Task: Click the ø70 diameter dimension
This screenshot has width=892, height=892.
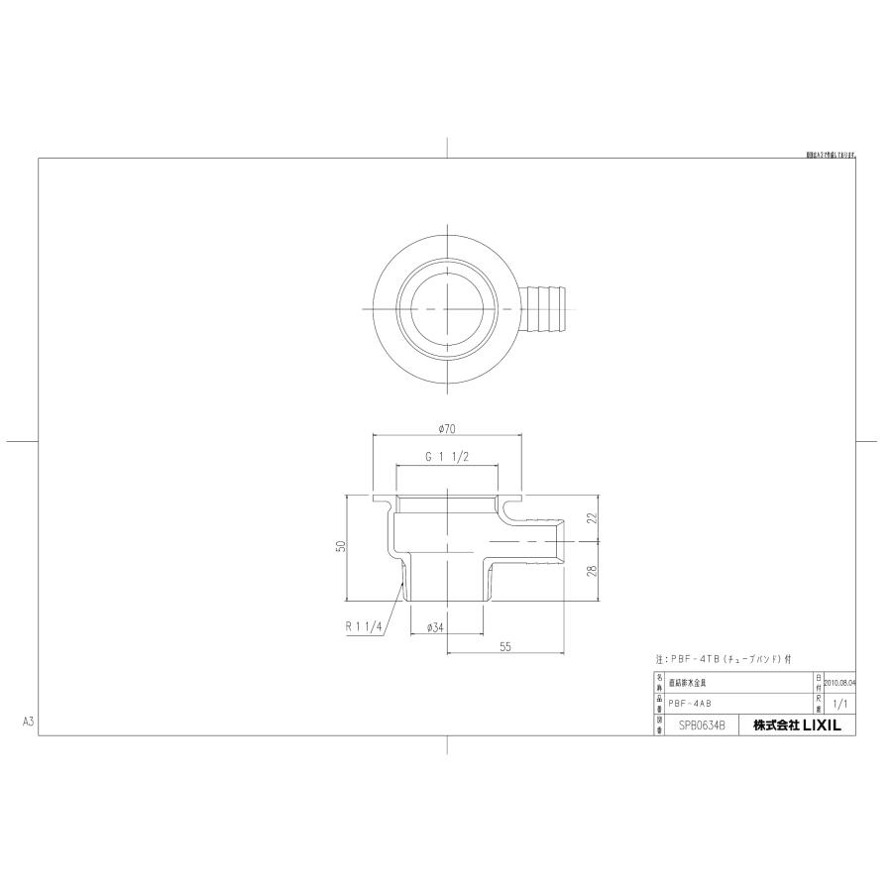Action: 446,429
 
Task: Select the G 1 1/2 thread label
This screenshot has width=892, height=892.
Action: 446,458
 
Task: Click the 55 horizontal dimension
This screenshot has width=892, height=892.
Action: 504,646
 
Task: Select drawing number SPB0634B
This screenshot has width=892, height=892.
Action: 702,725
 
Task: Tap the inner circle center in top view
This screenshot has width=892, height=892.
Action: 446,309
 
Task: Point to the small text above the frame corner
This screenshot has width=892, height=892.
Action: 831,156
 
